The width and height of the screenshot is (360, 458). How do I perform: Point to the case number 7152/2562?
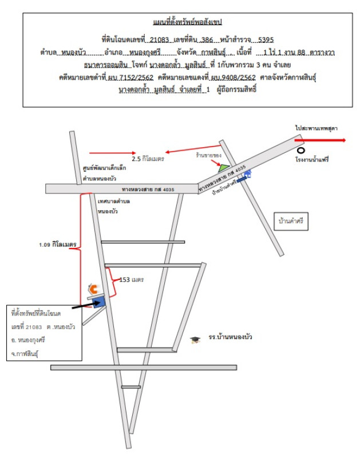tap(128, 77)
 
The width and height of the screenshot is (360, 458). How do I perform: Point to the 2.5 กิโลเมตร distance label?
tap(148, 159)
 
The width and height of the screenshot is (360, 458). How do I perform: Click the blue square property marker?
tap(98, 303)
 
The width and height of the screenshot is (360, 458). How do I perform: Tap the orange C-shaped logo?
tap(92, 288)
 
